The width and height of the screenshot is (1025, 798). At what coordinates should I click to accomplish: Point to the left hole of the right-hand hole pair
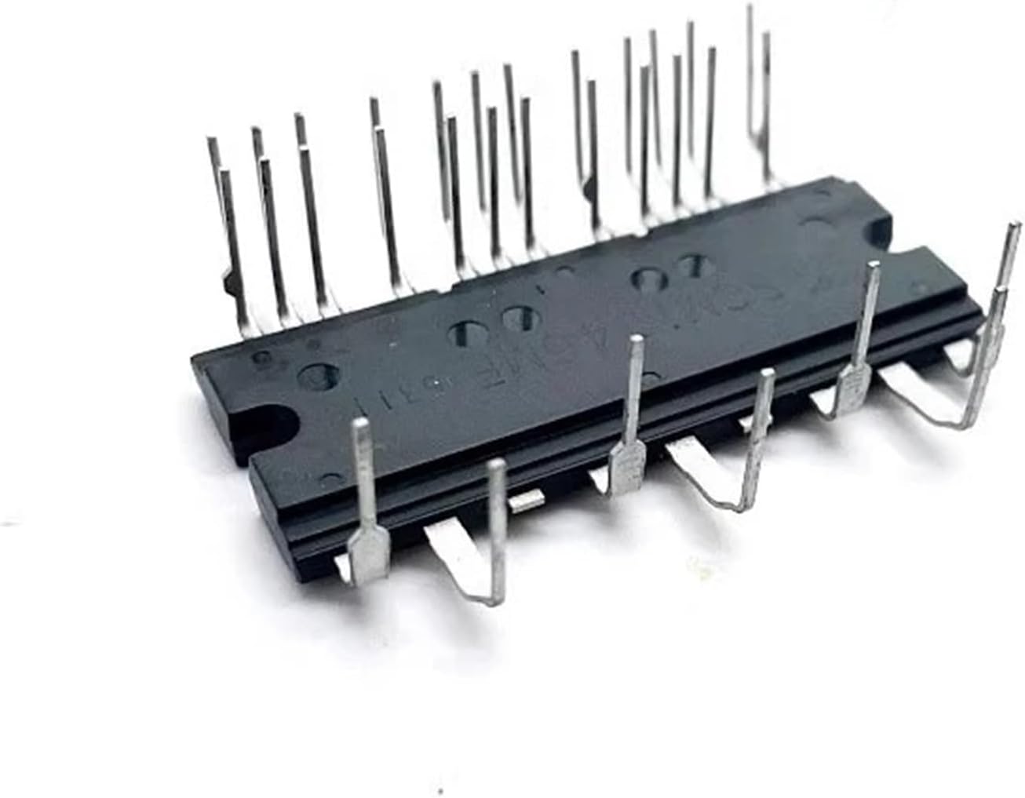pos(649,279)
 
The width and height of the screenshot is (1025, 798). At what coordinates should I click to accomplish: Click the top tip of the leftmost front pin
pos(362,425)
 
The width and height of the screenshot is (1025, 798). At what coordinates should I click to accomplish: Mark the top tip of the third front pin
pos(637,340)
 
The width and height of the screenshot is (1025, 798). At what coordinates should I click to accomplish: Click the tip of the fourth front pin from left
pos(767,375)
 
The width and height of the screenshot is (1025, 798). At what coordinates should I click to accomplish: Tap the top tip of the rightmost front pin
pos(1010,228)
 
